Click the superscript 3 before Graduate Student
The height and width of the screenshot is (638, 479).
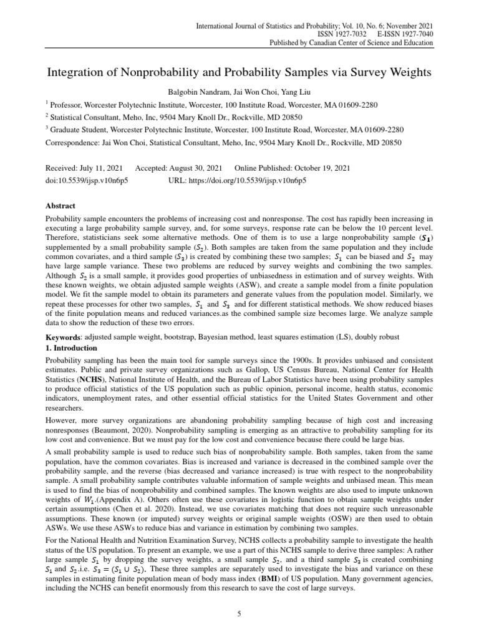point(47,128)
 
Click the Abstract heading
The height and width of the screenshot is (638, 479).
point(61,205)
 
